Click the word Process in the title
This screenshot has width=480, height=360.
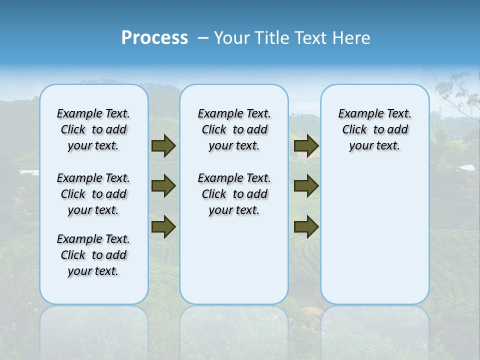coord(154,38)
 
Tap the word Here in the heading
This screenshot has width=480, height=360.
coord(352,38)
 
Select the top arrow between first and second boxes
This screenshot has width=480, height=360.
coord(163,146)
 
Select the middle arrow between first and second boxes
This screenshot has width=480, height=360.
coord(163,186)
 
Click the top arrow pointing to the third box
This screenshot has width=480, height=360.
coord(306,146)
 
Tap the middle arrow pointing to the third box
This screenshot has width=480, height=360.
coord(306,186)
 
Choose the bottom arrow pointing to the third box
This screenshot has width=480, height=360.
coord(306,226)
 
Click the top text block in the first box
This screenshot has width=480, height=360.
coord(93,129)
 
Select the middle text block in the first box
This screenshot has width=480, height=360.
coord(93,194)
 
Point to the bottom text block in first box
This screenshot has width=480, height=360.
coord(93,255)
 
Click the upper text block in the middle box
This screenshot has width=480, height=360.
coord(234,129)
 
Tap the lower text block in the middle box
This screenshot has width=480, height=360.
coord(234,194)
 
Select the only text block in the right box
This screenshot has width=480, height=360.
coord(374,129)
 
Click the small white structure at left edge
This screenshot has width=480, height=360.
coord(29,172)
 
